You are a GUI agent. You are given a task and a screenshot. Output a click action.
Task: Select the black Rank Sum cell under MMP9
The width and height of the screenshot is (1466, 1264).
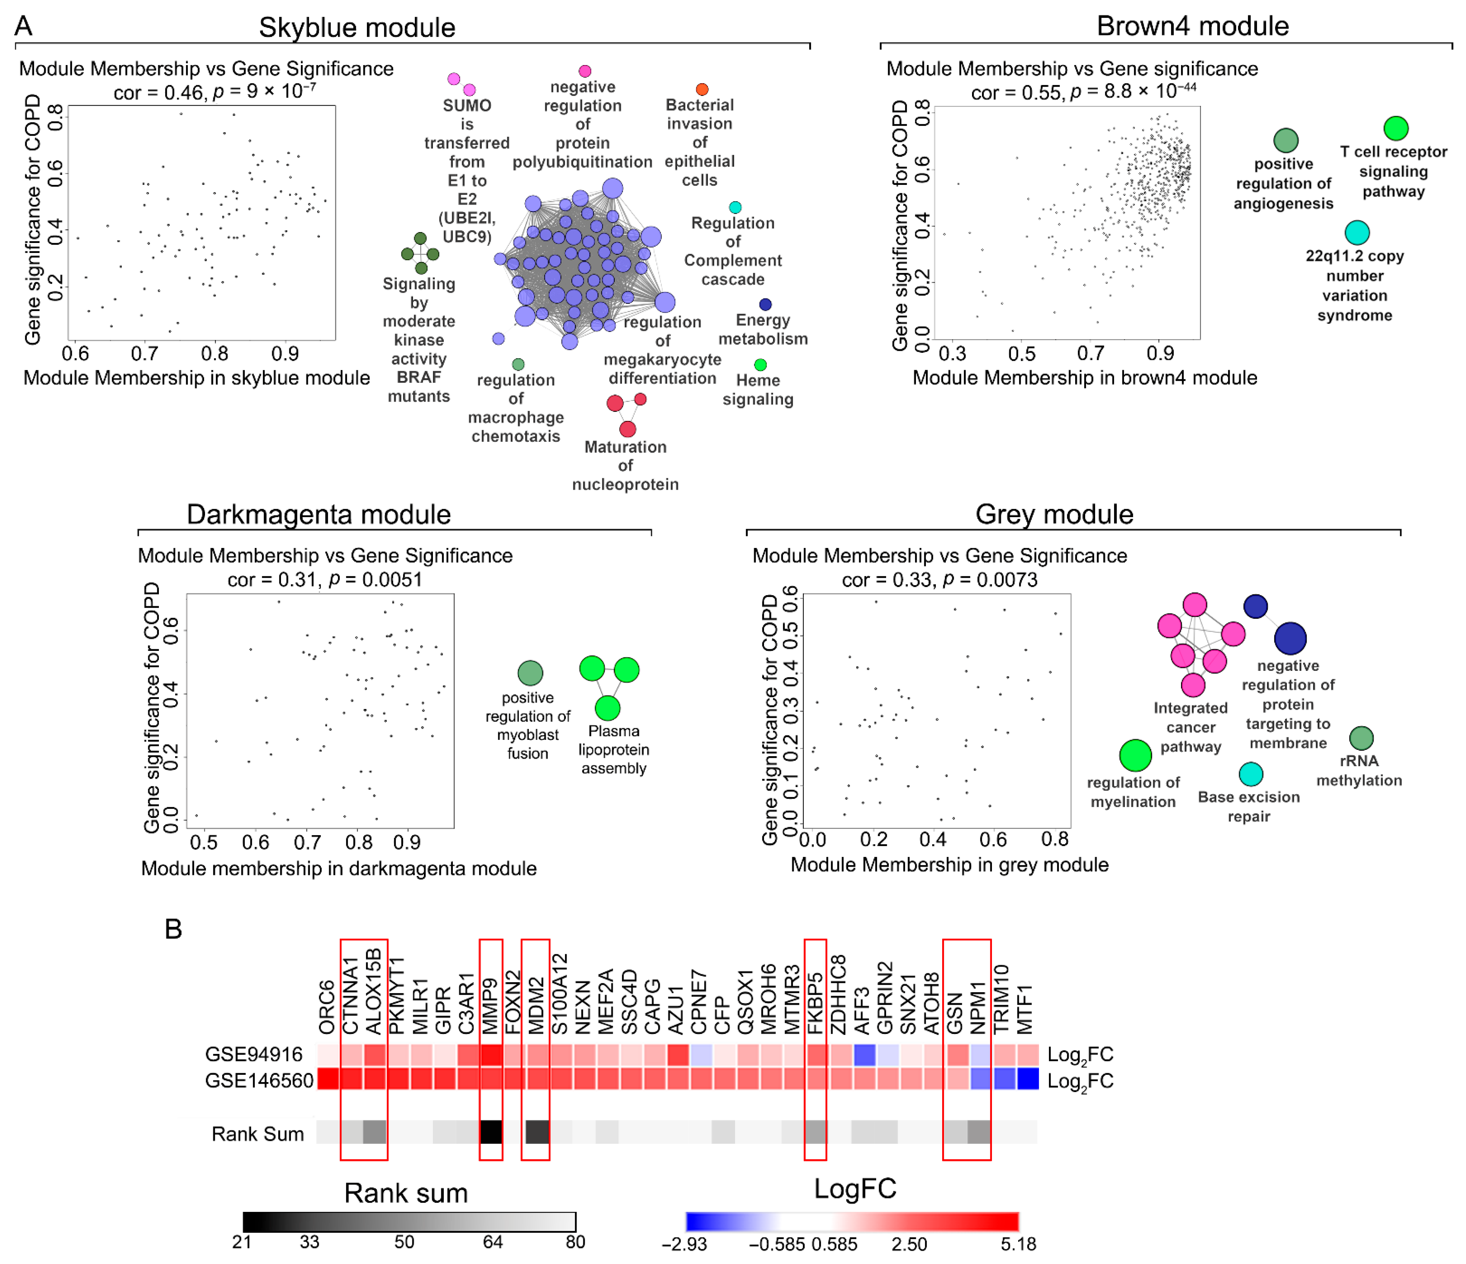[491, 1132]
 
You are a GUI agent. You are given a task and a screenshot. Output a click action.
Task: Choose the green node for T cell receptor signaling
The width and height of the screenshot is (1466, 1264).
[1395, 128]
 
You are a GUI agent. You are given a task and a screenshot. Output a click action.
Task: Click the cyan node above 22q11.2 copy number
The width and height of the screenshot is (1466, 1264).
[1356, 232]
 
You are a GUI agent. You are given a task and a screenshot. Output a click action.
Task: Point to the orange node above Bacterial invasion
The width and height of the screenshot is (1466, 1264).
[702, 89]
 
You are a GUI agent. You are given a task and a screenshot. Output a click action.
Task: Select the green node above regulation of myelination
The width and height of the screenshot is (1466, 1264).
[1135, 755]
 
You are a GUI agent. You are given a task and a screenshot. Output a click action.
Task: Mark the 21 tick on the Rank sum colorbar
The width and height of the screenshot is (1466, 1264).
[242, 1242]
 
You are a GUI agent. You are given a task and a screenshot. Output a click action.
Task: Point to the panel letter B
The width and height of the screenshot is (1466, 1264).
[174, 928]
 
